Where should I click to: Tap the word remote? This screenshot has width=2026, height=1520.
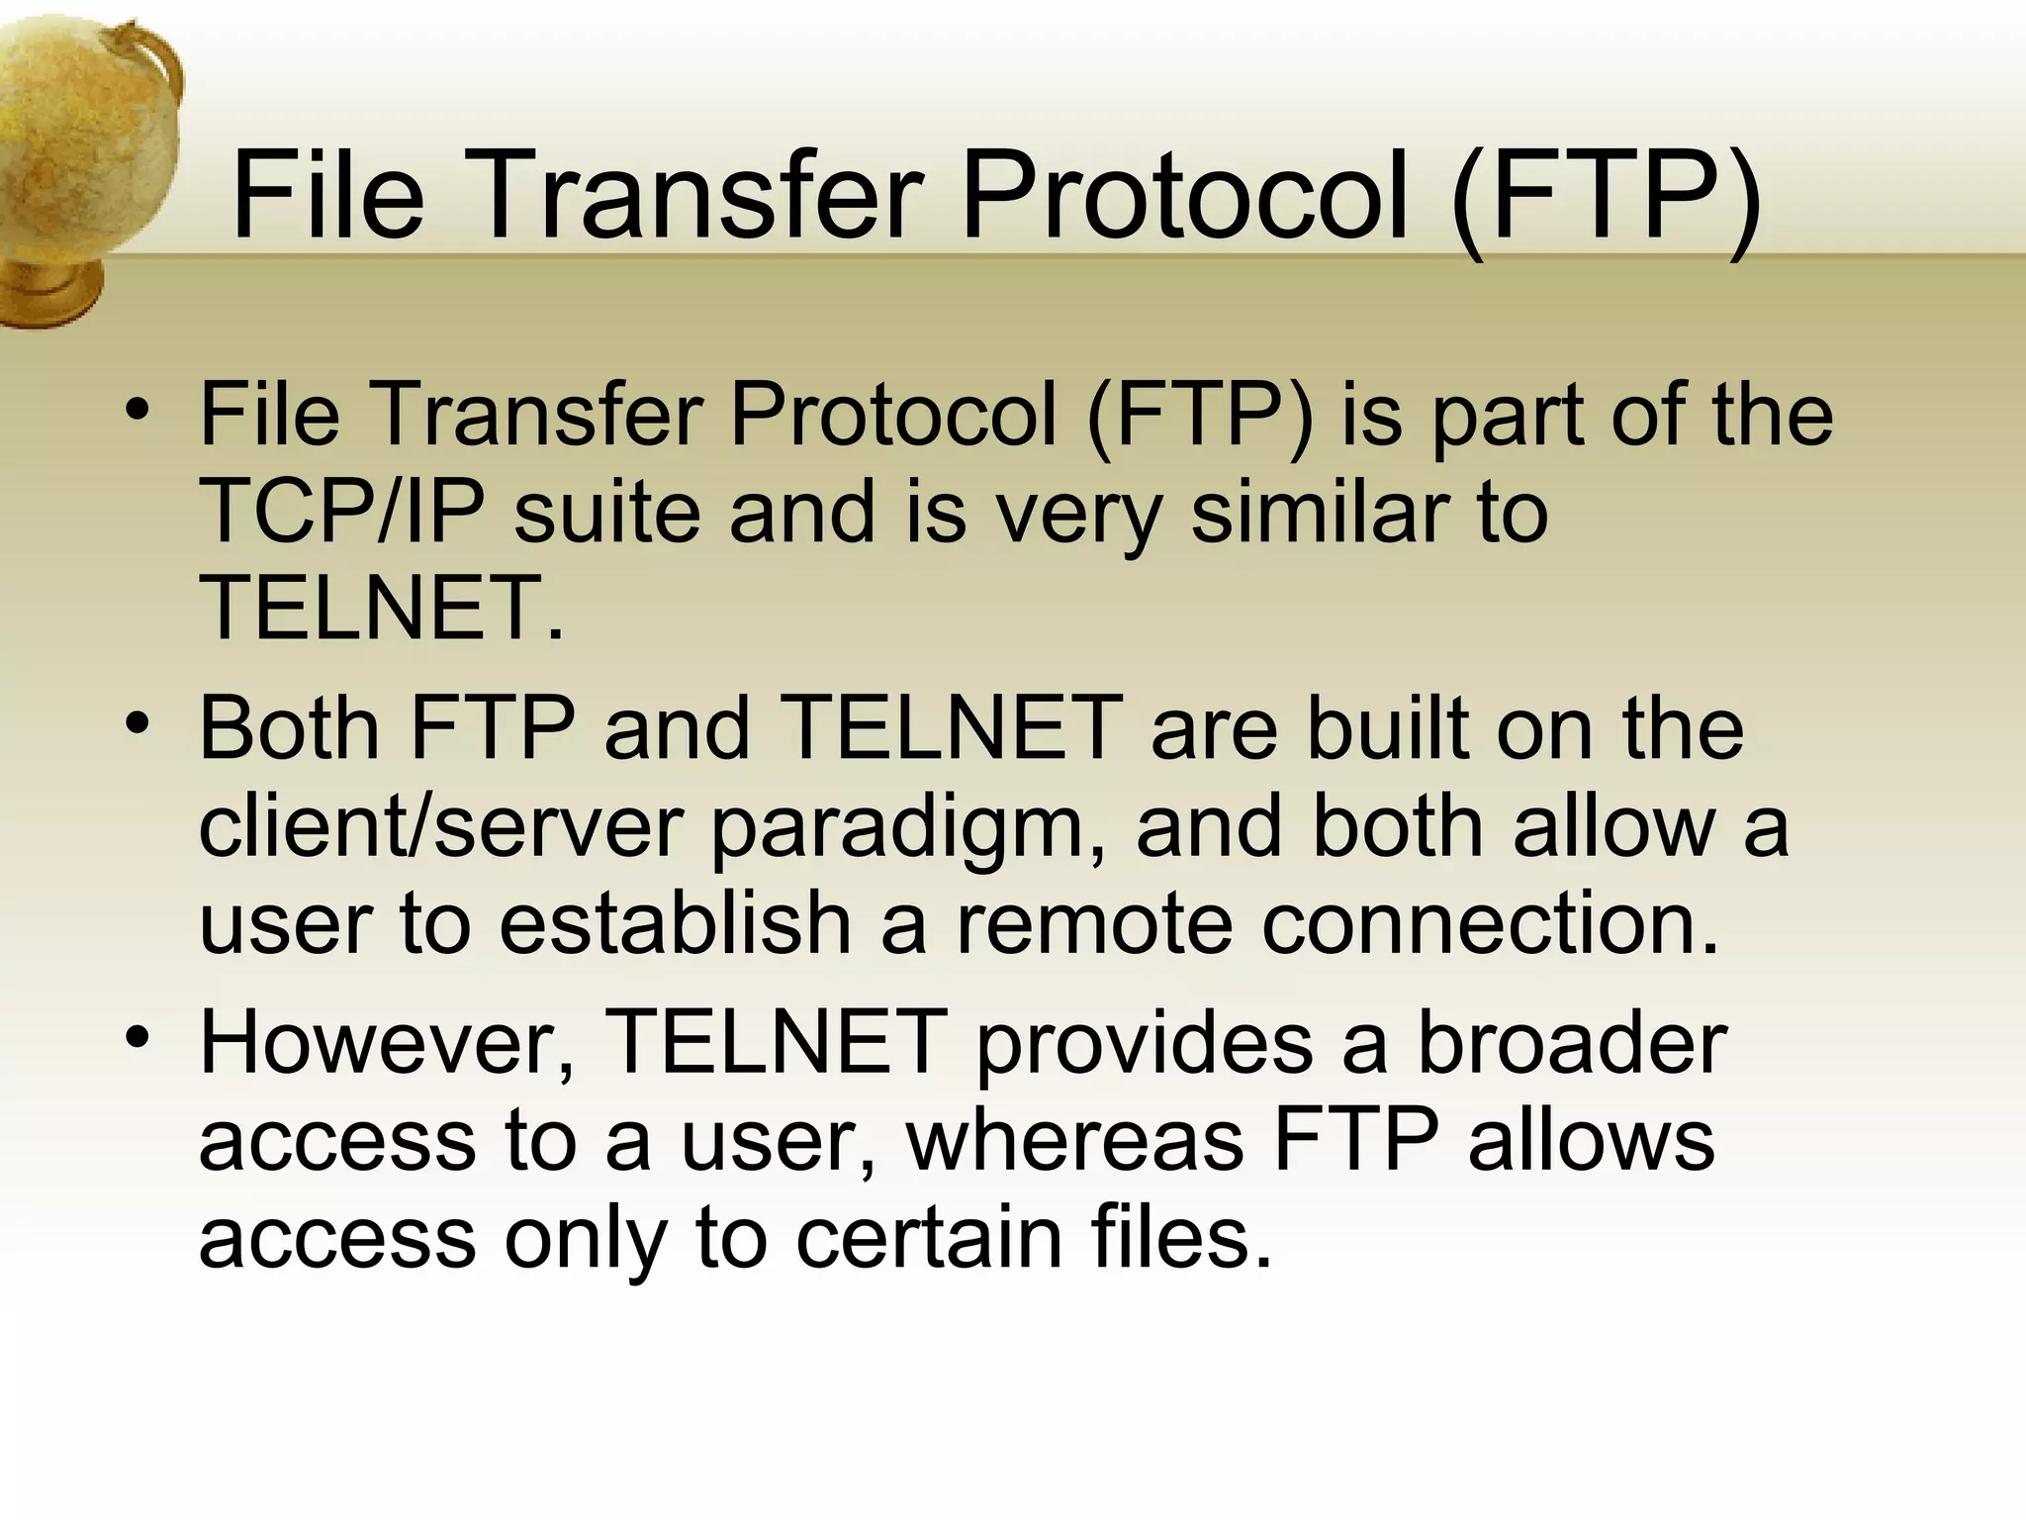click(1093, 924)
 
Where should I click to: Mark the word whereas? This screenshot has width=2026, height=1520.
click(1074, 1140)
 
